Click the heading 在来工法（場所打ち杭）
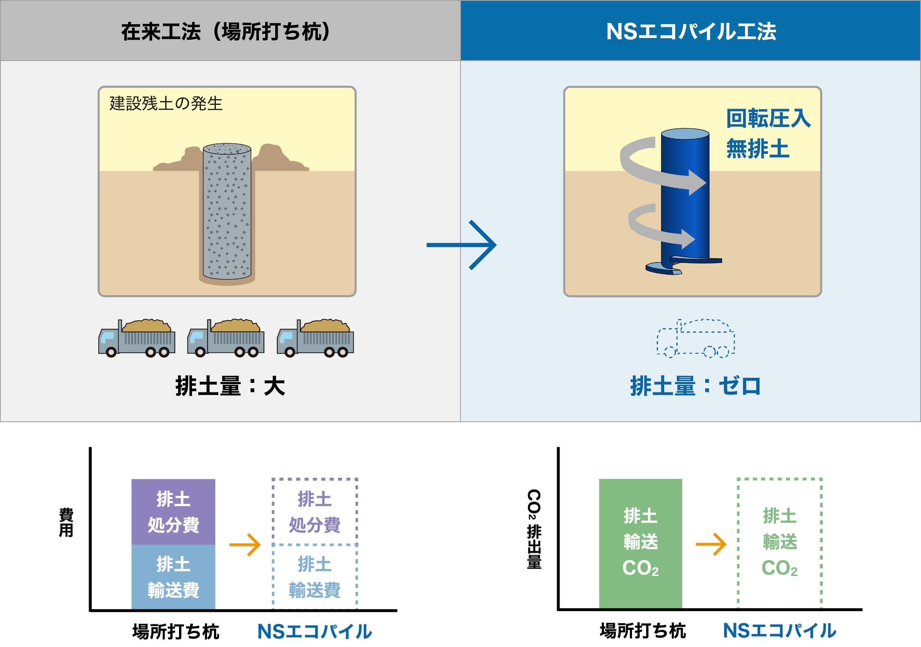coord(226,32)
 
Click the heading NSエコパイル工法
coord(691,32)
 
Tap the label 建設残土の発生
coord(166,104)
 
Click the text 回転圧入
coord(768,118)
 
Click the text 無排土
coord(757,149)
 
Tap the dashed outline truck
coord(696,339)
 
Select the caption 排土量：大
coord(230,386)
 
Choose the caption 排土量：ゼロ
coord(695,386)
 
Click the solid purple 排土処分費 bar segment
coord(173,512)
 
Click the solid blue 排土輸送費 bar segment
coord(173,577)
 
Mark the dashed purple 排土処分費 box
coord(315,512)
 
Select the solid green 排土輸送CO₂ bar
coord(640,543)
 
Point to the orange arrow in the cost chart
coord(245,545)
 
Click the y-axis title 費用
coord(66,522)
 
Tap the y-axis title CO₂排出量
coord(534,529)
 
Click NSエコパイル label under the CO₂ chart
coord(780,631)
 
